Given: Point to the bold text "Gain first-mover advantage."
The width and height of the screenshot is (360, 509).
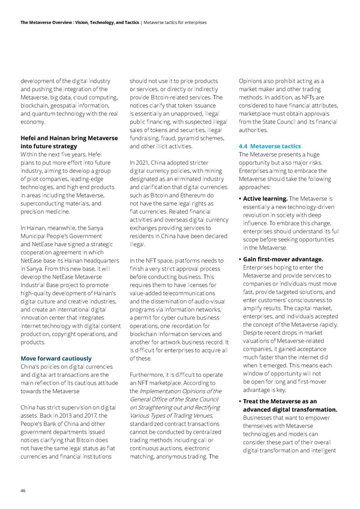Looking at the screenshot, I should point(285,259).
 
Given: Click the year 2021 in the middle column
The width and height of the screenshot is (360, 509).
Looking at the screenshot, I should point(146,162).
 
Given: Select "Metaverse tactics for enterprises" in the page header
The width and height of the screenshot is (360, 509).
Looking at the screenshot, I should point(175,22).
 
